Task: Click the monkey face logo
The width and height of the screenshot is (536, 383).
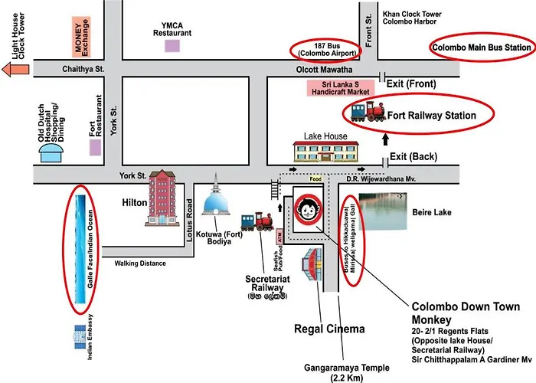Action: coord(309,209)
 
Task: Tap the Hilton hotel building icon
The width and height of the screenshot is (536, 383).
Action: coord(164,198)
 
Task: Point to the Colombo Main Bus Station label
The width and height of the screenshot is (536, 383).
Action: coord(482,47)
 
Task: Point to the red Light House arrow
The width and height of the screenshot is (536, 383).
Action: coord(14,70)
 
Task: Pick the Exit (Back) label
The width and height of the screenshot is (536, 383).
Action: coord(413,157)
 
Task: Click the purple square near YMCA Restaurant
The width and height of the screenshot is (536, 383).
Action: coord(173,45)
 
